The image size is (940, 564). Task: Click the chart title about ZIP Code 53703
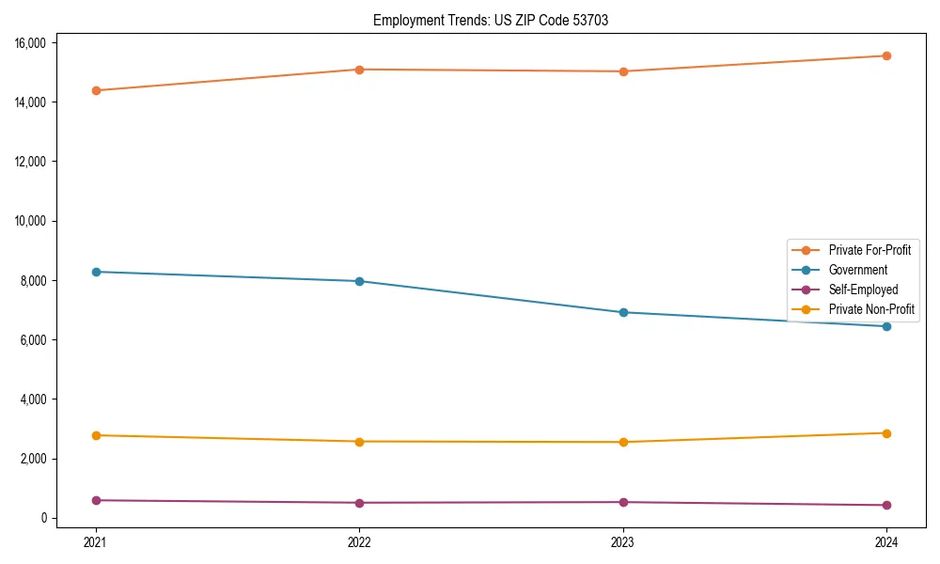point(491,20)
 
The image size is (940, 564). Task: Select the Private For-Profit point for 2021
point(96,90)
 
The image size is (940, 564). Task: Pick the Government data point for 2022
point(359,281)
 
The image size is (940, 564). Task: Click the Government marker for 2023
point(623,312)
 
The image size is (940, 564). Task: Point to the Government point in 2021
point(96,272)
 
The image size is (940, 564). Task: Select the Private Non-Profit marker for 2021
point(96,435)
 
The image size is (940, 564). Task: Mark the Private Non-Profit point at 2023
point(623,442)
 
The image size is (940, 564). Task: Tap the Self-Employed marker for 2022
point(359,503)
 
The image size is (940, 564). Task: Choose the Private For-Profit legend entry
point(869,250)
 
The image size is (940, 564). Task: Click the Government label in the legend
point(857,270)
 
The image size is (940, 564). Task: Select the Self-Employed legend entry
point(863,290)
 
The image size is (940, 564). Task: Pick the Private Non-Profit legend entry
point(871,309)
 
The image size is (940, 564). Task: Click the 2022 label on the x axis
point(359,541)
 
